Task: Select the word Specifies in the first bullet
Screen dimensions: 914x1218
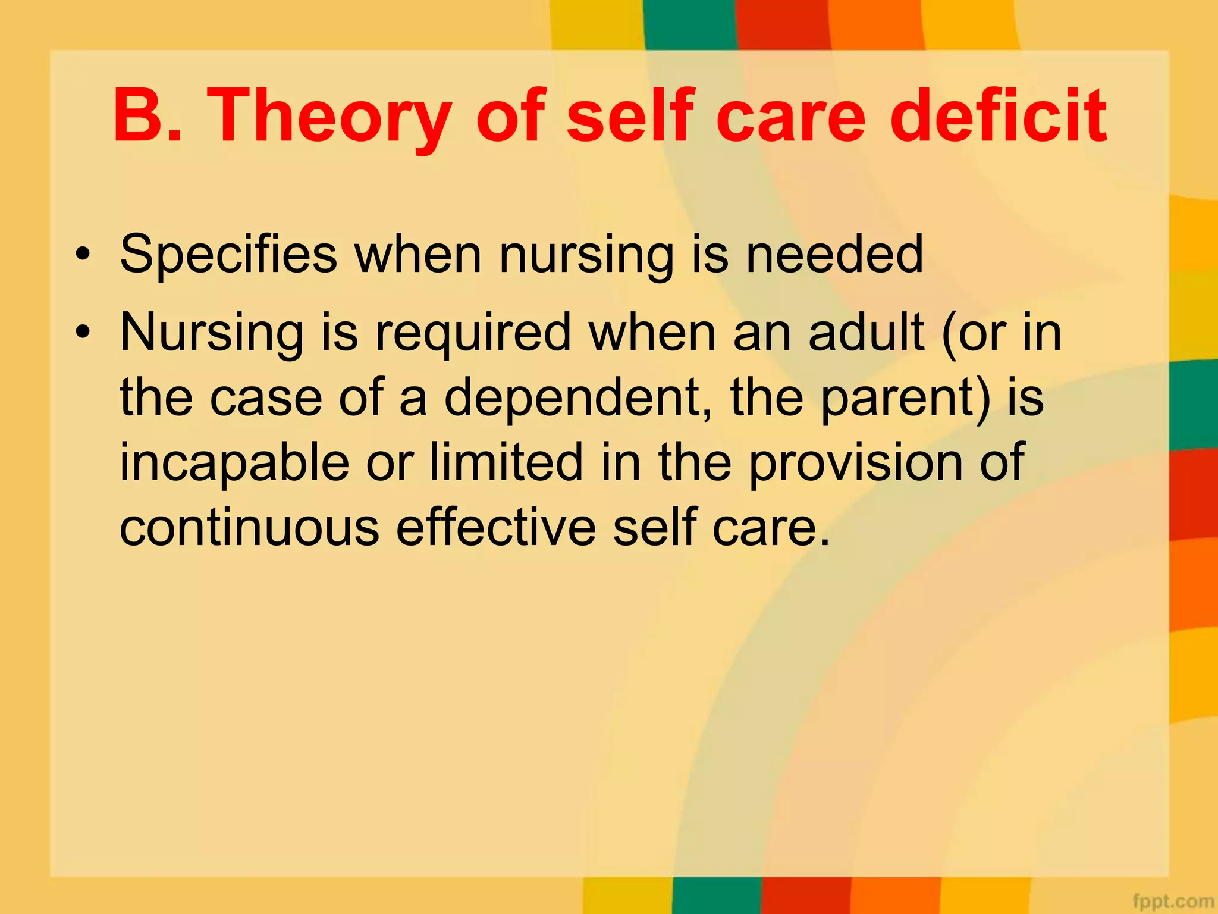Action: [x=228, y=255]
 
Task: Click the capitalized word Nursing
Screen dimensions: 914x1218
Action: [x=212, y=333]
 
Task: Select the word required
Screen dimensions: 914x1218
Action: [x=473, y=333]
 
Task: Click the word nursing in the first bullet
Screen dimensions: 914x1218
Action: [x=586, y=255]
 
